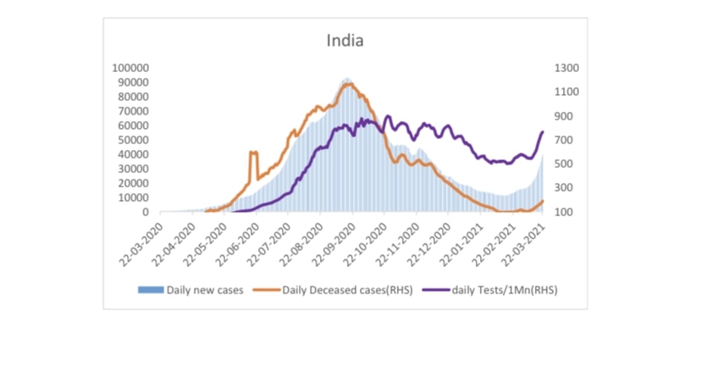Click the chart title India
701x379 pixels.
tap(345, 40)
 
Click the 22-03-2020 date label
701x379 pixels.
tap(143, 240)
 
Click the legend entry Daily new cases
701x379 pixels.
tap(205, 290)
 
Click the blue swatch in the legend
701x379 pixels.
tap(151, 290)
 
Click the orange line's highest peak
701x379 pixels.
tap(348, 83)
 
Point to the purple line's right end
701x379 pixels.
tap(543, 131)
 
